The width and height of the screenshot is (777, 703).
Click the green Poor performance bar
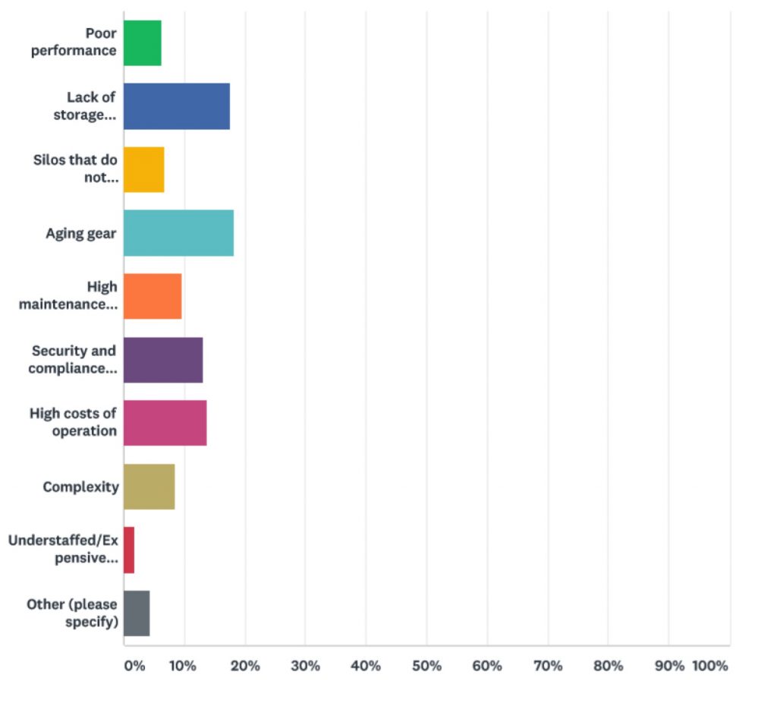point(143,43)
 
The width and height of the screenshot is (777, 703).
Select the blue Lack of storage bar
point(177,106)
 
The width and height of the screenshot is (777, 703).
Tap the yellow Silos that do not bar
point(144,169)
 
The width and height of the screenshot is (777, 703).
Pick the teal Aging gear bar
point(178,233)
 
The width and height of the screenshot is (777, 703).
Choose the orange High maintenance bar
point(153,296)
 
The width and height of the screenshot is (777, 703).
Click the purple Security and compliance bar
point(163,360)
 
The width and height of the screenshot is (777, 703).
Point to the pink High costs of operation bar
point(165,423)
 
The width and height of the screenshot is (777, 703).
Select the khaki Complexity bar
point(149,487)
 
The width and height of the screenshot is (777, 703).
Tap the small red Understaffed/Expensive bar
point(129,550)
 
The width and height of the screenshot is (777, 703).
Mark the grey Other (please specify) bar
point(137,613)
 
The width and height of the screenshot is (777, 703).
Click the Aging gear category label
point(81,233)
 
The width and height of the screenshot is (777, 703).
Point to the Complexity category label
point(80,487)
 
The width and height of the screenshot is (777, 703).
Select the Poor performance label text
point(74,43)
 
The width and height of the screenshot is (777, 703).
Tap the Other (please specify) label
point(72,613)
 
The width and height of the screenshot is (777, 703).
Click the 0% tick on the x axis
point(134,666)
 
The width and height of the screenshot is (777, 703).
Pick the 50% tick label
point(426,666)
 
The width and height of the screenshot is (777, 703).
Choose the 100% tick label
point(710,666)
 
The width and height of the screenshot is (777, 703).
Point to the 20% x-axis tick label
point(245,666)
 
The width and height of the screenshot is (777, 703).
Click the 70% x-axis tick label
point(548,666)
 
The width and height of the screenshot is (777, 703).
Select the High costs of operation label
point(74,422)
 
